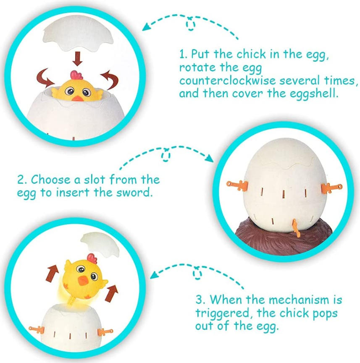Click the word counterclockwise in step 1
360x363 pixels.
tap(227, 81)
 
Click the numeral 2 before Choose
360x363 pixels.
tap(21, 180)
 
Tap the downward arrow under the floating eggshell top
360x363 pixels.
tap(77, 59)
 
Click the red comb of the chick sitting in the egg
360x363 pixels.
tap(77, 75)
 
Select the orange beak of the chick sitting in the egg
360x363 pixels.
tap(77, 98)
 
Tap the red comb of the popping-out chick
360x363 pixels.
tap(92, 258)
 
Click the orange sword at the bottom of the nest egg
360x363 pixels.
tap(295, 228)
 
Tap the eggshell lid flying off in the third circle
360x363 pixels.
tap(100, 243)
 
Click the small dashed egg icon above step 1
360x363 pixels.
tap(190, 24)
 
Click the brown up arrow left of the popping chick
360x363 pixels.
tap(53, 273)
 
